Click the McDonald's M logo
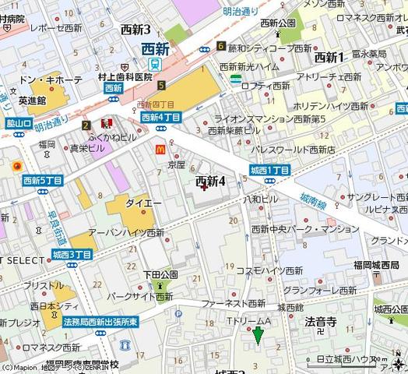click(160, 144)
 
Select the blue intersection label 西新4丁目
click(161, 117)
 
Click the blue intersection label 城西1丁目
click(270, 170)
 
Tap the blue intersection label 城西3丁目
click(72, 255)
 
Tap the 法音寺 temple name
click(320, 321)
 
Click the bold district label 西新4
click(210, 181)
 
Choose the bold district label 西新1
click(329, 57)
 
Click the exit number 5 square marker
click(161, 85)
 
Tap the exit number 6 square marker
click(221, 46)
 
